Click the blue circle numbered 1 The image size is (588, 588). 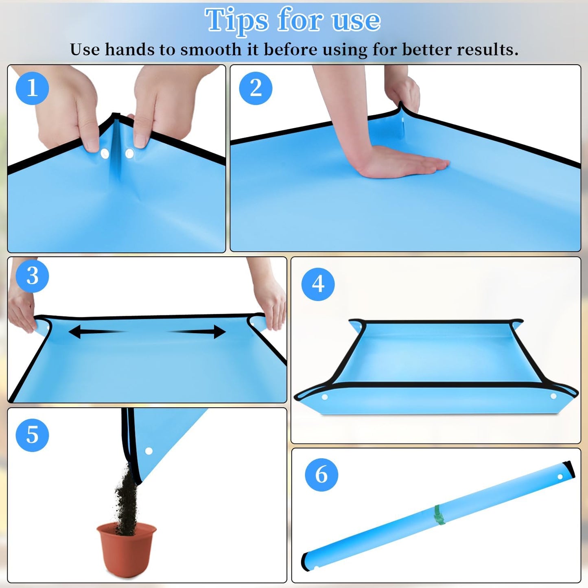pos(32,88)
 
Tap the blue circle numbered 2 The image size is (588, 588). pos(256,88)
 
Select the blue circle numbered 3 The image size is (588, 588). pos(32,276)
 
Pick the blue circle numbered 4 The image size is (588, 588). pos(318,284)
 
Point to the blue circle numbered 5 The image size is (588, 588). pos(32,435)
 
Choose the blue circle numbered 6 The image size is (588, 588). pos(321,475)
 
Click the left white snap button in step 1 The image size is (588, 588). pos(105,153)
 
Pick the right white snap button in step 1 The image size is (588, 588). pos(129,153)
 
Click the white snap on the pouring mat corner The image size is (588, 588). pos(149,451)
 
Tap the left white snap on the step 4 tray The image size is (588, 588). pos(325,397)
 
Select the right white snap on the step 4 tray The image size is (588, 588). pos(553,396)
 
